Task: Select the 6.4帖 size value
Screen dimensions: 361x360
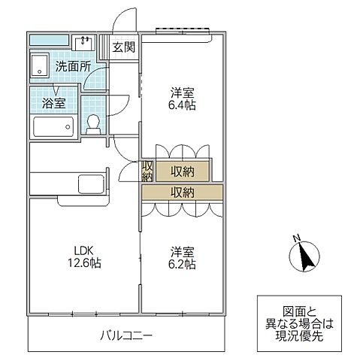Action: pos(183,105)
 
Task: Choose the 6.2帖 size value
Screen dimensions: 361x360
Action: pos(183,264)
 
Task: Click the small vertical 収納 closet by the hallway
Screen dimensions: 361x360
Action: pos(147,171)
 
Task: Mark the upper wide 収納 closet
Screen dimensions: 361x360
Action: pos(183,170)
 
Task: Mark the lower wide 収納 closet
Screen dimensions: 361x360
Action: pos(183,192)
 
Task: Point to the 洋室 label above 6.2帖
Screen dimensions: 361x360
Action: pos(183,250)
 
